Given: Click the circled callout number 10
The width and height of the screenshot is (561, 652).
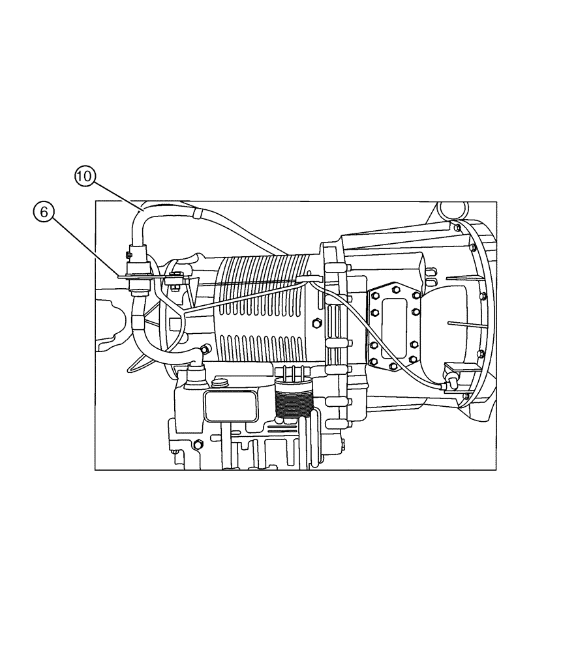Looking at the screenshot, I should point(85,175).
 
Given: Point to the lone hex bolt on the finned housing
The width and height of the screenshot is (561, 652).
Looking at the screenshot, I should point(316,323).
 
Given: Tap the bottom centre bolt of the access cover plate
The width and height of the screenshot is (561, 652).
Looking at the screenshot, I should point(393,366).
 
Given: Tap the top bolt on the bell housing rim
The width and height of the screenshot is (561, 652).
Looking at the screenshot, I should point(456,228).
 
